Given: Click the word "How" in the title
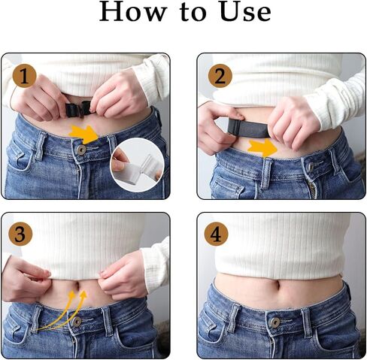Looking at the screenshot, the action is click(x=133, y=11).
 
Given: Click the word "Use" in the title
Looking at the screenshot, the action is click(x=245, y=11).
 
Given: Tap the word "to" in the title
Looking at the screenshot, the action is click(x=193, y=13).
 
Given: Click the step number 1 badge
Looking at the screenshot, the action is click(x=24, y=76).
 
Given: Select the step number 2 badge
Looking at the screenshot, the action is click(x=220, y=76).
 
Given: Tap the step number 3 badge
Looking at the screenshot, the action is click(x=20, y=234).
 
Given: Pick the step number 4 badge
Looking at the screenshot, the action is click(x=216, y=234).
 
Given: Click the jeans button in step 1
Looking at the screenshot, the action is click(x=81, y=150).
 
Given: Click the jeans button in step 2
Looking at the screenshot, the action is click(x=311, y=166).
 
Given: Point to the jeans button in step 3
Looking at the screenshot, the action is click(x=77, y=322).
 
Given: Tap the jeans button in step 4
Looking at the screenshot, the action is click(x=275, y=322).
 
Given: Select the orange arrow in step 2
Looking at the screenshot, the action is click(x=262, y=148).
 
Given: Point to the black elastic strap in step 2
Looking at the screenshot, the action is click(x=248, y=129).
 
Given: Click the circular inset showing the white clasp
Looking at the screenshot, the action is click(x=138, y=165).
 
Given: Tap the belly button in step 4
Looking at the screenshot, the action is click(x=277, y=285).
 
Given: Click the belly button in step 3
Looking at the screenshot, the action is click(x=78, y=286).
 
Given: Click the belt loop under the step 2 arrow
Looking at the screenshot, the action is click(x=266, y=174).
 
